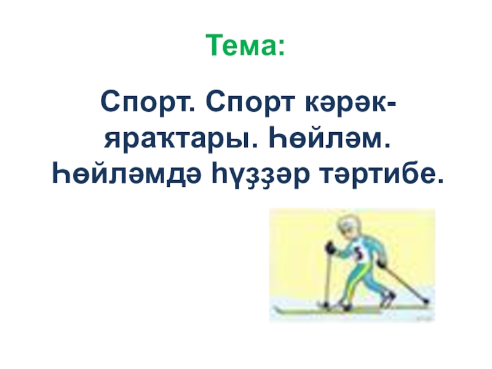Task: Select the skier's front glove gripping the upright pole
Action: (330, 248)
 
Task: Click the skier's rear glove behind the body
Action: (383, 263)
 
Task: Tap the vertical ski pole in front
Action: (328, 277)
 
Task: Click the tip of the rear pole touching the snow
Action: (426, 302)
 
